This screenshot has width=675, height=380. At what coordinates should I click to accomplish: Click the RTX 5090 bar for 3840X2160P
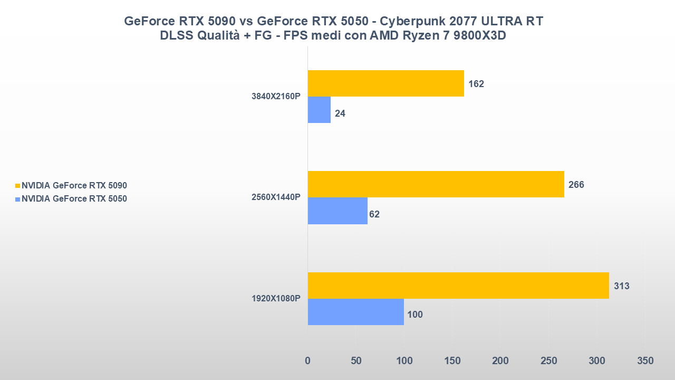tap(385, 83)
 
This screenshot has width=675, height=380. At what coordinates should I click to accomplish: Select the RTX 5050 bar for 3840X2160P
tap(319, 110)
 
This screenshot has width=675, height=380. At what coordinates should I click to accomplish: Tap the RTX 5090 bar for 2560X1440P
tap(436, 184)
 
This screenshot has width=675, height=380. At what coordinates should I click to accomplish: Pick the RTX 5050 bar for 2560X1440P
tap(337, 211)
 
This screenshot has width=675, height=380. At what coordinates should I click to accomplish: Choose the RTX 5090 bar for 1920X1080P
tap(458, 286)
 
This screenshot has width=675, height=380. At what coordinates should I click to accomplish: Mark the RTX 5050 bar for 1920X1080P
tap(355, 312)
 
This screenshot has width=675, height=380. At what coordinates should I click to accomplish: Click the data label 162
tap(476, 84)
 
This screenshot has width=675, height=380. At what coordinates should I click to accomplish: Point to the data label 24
tap(340, 113)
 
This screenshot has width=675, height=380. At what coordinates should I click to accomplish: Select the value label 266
tap(576, 185)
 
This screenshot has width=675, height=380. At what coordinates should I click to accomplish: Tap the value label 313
tap(622, 286)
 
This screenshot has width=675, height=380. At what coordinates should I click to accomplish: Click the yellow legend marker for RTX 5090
tap(17, 186)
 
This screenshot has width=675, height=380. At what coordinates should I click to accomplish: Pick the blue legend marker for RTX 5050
tap(17, 199)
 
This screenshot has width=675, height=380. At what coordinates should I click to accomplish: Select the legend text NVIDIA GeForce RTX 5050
tap(74, 199)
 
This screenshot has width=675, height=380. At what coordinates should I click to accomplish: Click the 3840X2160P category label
tap(276, 97)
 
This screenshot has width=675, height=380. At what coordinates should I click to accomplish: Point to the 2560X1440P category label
tap(276, 197)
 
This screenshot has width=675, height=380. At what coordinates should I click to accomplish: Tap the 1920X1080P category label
tap(276, 299)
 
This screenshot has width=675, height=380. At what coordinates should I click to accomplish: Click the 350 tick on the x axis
tap(645, 361)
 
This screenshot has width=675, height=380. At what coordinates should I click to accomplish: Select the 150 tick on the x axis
tap(452, 361)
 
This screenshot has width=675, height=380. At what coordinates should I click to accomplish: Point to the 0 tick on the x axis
tap(308, 361)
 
